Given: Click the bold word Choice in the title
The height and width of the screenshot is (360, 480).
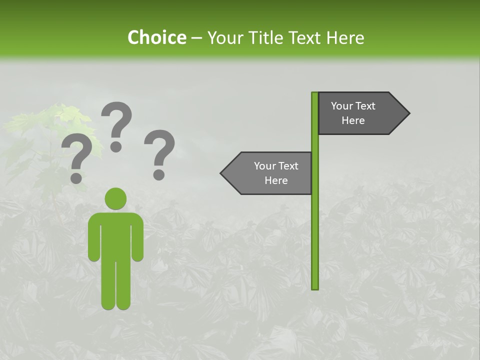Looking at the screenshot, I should (x=156, y=37).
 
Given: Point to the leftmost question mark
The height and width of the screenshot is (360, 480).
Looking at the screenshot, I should (x=76, y=160).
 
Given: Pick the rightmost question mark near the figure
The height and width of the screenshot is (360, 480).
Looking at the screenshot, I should (x=159, y=154).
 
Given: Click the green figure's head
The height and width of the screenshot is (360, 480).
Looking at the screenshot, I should (x=115, y=198).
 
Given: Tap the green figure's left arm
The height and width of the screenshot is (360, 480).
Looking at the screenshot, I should (x=94, y=240).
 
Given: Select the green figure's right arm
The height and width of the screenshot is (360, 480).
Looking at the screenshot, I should (x=137, y=240).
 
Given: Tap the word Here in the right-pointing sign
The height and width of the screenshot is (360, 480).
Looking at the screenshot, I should (x=353, y=120).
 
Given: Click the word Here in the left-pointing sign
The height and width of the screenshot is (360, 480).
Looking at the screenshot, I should (x=276, y=180).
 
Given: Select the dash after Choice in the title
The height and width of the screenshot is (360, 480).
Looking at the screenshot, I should (x=196, y=38).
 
